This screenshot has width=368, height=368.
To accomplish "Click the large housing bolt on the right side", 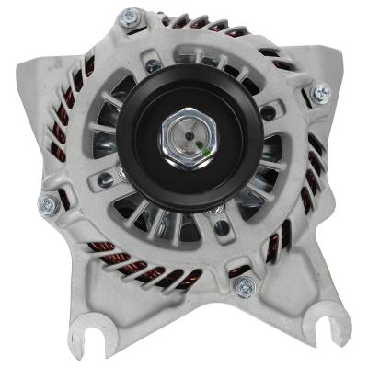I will tap(320, 92).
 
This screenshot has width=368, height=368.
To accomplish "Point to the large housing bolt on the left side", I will tap(47, 204).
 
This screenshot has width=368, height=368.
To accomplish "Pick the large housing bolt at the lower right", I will tap(243, 286).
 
